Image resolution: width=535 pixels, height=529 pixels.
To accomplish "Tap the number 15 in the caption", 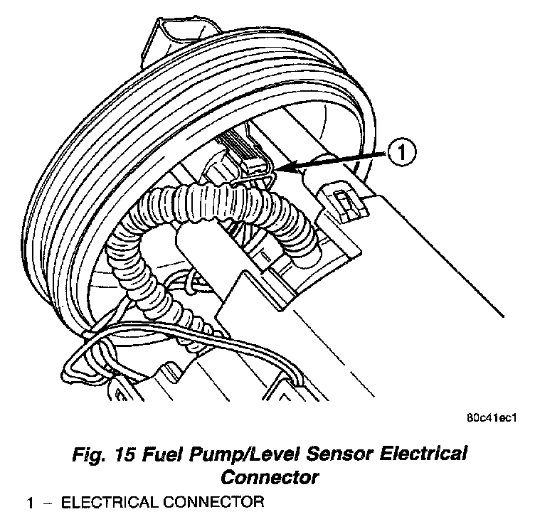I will click(120, 454).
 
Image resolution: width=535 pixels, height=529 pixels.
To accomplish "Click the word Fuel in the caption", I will click(157, 454).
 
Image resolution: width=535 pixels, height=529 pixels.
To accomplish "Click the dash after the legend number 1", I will click(48, 503).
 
